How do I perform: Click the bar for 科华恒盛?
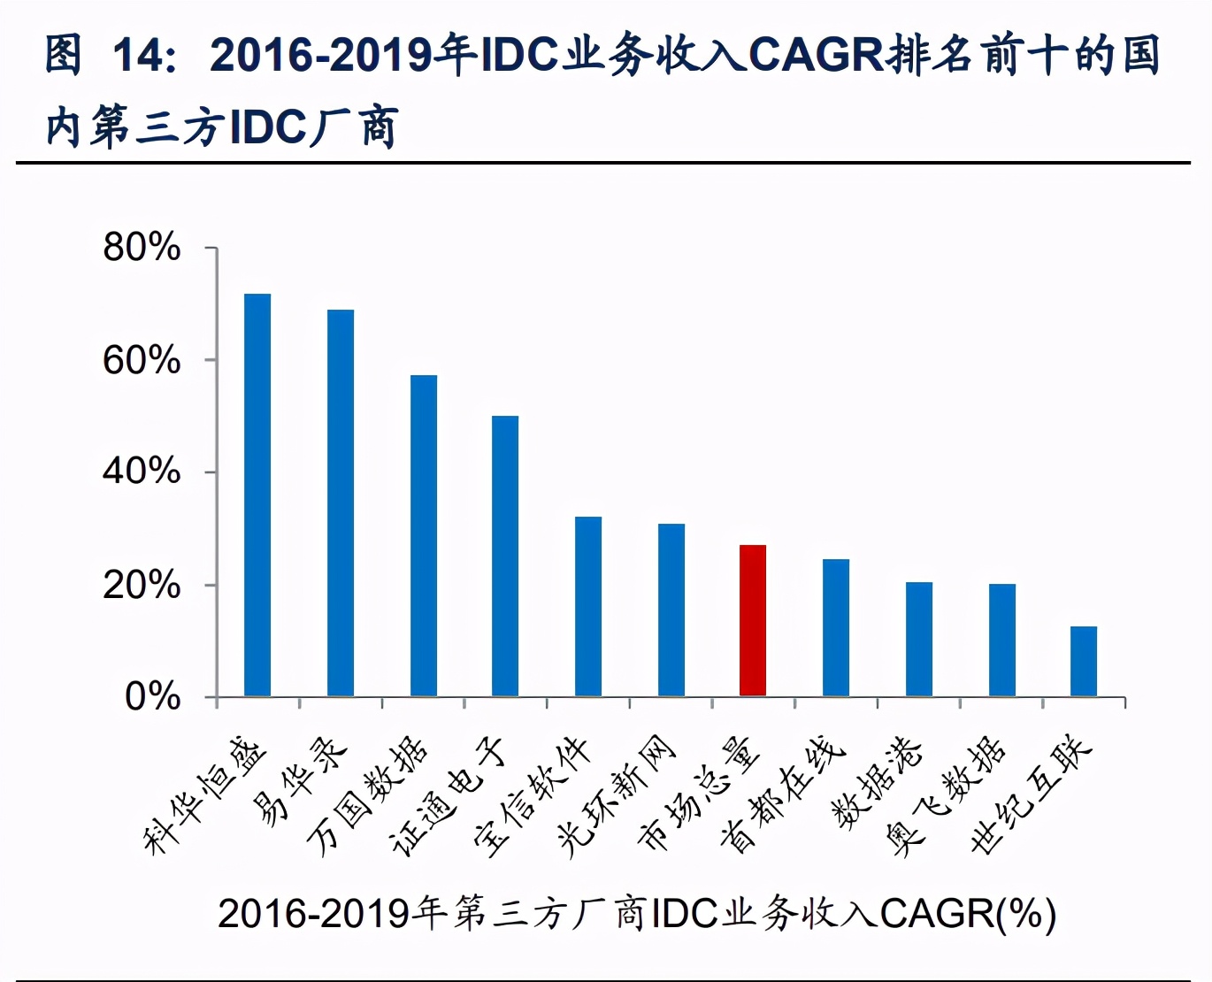click(x=257, y=495)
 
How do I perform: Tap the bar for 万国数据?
click(x=424, y=535)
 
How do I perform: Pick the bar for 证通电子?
click(x=505, y=556)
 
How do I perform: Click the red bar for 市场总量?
click(x=753, y=620)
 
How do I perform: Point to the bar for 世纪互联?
click(x=1084, y=661)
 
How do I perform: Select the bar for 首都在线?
click(x=836, y=627)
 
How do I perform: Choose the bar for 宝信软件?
click(x=588, y=606)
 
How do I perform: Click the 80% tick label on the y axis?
click(x=142, y=248)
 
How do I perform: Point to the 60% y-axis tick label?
click(x=142, y=361)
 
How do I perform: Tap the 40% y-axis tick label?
click(x=142, y=472)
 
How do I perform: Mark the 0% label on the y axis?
click(x=152, y=697)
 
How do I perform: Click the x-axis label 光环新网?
click(x=617, y=795)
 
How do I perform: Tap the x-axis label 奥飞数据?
click(x=946, y=795)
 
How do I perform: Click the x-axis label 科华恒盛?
click(x=205, y=795)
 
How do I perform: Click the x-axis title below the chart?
click(x=637, y=913)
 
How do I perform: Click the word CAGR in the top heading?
click(x=816, y=55)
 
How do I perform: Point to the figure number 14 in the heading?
click(x=138, y=55)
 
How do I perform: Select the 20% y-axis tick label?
click(x=142, y=585)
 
